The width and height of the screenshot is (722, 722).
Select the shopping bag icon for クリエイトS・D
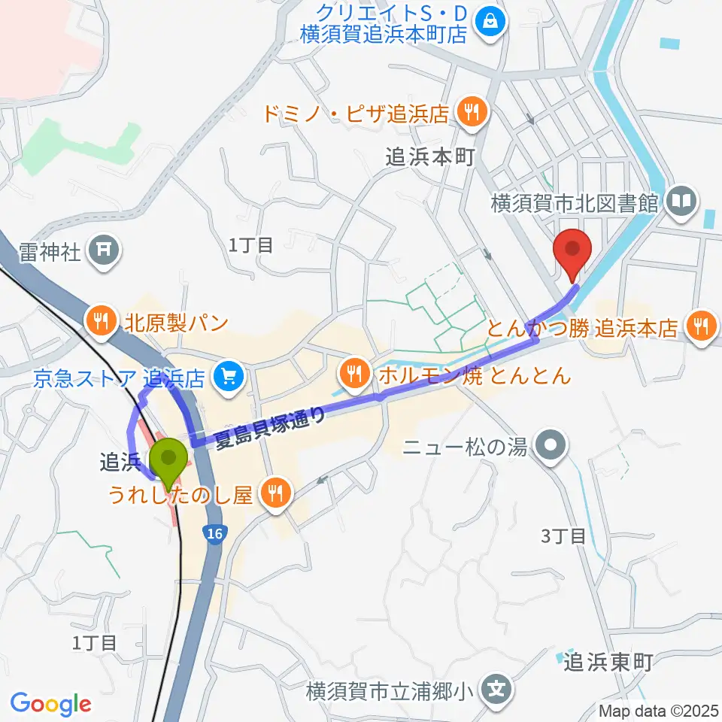[490, 21]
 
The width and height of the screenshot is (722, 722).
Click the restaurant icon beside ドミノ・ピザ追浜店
[472, 114]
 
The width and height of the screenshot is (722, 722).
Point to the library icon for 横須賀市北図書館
[682, 202]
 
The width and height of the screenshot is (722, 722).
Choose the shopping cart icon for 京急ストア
[226, 376]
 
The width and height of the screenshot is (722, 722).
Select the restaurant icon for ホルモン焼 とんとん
[353, 372]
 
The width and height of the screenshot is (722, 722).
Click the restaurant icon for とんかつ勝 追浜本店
[702, 327]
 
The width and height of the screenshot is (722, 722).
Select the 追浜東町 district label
[608, 661]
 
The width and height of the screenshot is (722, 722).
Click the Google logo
[50, 704]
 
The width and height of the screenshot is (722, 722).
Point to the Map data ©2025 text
[658, 711]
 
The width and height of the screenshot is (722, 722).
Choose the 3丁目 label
[564, 536]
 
